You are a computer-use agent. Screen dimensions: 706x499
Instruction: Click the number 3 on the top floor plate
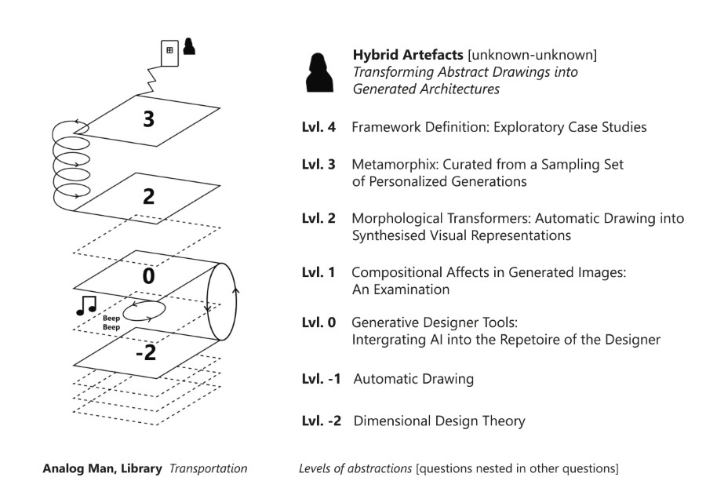coord(148,119)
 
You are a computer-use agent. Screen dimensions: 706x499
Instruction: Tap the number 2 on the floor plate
coord(148,196)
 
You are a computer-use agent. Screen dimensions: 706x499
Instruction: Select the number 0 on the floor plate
coord(148,275)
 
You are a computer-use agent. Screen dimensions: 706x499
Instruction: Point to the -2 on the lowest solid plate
coord(146,352)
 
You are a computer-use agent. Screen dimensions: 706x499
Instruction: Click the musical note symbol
coord(86,306)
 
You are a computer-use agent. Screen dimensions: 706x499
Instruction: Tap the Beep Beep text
coord(111,322)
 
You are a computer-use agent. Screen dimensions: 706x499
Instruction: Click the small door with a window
coord(169,53)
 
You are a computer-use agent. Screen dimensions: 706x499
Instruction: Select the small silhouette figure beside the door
coord(189,46)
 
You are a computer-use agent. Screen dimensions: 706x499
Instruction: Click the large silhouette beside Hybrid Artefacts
coord(319,73)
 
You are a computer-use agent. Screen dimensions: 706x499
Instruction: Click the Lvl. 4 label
coord(318,127)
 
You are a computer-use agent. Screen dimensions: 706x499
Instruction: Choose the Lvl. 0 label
coord(318,322)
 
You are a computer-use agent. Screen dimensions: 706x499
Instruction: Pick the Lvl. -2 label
coord(322,421)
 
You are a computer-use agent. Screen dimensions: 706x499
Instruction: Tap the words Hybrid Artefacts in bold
coord(408,55)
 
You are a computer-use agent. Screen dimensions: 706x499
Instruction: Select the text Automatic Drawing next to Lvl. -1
coord(413,379)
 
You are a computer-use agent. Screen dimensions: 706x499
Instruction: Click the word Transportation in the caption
coord(209,469)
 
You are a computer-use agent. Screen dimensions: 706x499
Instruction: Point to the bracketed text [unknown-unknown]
coord(533,55)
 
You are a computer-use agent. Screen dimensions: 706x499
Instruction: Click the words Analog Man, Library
coord(102,469)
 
